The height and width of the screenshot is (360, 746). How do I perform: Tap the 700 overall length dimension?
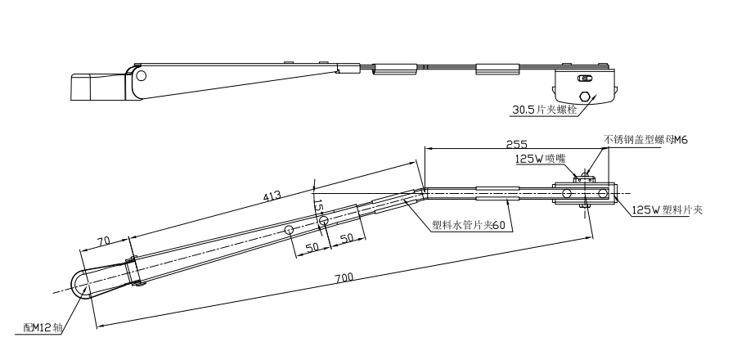point(344,277)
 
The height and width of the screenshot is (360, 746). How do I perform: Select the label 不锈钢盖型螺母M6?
point(645,140)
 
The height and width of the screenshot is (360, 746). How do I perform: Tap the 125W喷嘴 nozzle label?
point(539,160)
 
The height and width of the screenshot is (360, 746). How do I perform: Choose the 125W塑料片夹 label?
point(667,210)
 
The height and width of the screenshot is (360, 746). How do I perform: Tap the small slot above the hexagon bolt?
point(584,79)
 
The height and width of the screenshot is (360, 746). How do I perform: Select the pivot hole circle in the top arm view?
point(141,76)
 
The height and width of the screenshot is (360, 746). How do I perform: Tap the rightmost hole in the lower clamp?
point(603,194)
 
